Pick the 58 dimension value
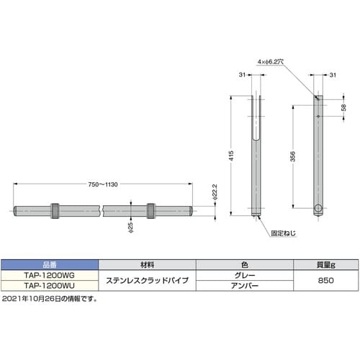pos(343,107)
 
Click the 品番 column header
pos(48,264)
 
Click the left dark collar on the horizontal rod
pos(55,210)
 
